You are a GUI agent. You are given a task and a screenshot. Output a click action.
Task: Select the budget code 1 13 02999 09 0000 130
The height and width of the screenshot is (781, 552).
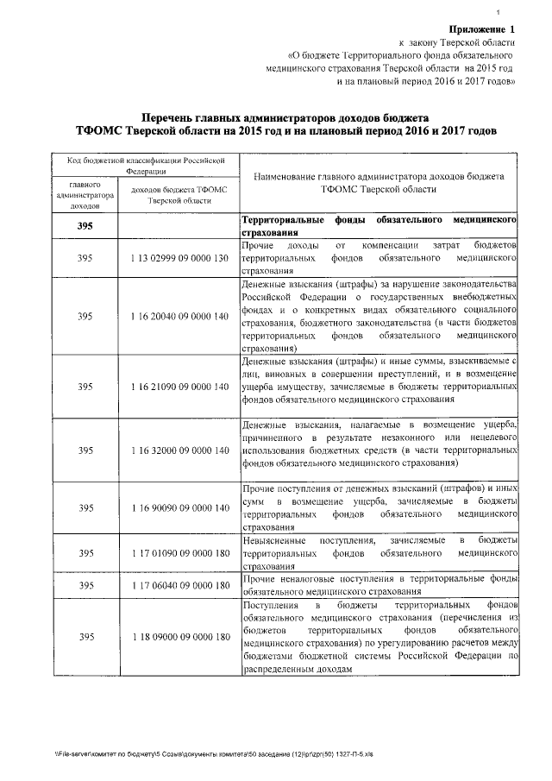179,258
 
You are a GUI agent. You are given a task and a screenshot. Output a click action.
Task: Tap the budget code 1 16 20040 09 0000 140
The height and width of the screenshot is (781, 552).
179,316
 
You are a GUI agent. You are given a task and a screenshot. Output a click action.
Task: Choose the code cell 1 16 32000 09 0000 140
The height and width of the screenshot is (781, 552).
179,450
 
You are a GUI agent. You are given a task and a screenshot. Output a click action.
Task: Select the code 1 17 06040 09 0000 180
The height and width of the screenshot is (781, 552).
179,586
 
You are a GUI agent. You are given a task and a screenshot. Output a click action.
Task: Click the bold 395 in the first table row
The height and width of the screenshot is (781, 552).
85,226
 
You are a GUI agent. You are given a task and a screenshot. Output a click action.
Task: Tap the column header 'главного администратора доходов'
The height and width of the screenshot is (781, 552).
85,196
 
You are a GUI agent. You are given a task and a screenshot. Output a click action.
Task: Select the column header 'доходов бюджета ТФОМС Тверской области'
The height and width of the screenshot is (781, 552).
179,194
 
